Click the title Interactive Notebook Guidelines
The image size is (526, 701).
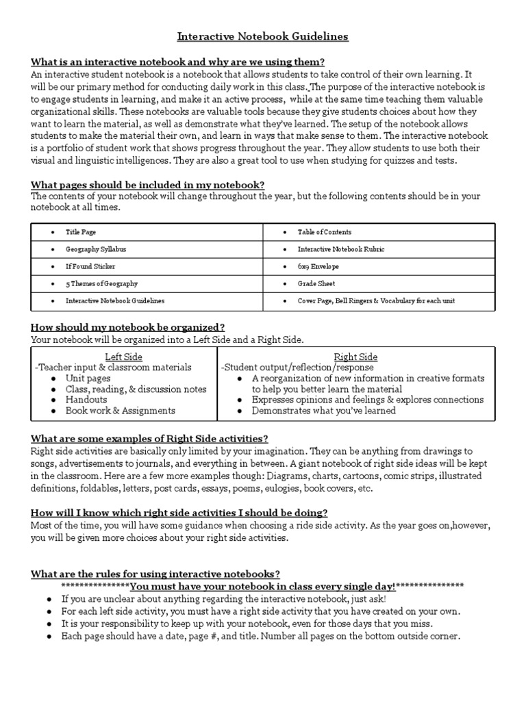coord(263,36)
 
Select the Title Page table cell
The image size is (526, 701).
coord(80,232)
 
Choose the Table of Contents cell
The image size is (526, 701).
coord(324,232)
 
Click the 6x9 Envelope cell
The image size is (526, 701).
coord(318,266)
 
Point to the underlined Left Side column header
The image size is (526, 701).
coord(124,357)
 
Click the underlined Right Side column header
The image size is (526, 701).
coord(355,357)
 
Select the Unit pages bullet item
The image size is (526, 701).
coord(88,378)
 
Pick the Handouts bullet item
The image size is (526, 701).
coord(86,400)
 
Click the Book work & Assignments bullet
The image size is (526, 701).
coord(120,411)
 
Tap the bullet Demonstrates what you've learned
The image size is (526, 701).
coord(323,411)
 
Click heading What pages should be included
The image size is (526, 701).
coord(147,185)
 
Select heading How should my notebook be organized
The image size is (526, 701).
coord(128,327)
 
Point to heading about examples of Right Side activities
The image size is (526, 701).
coord(149,438)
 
